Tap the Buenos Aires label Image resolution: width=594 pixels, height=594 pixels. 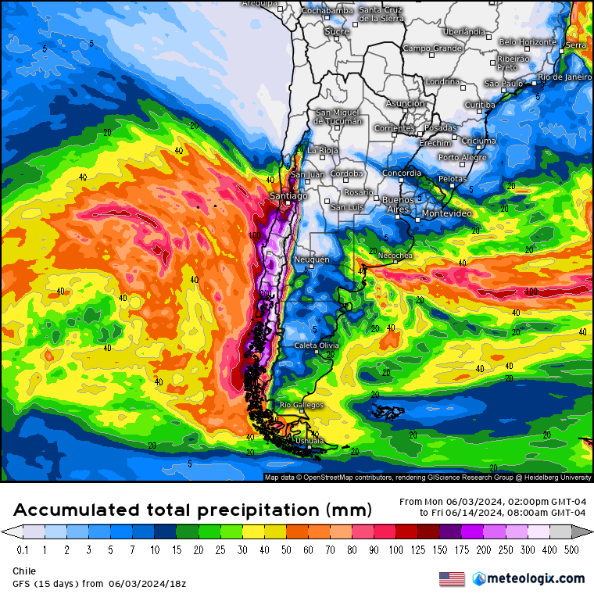tap(397, 205)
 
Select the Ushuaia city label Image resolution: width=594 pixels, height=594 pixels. tap(310, 442)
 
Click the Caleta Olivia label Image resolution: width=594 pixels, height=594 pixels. tap(317, 345)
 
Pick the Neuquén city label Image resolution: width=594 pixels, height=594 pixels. tap(312, 259)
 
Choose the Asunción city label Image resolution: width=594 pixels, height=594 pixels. tap(406, 103)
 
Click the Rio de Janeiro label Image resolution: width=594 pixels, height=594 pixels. tap(565, 77)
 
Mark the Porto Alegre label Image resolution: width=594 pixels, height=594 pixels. tap(462, 158)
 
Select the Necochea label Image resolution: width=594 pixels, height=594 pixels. tap(395, 256)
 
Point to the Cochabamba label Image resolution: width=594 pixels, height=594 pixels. tap(327, 10)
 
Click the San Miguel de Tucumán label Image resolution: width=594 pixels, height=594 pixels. tap(338, 116)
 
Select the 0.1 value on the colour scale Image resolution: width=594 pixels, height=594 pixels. tap(22, 550)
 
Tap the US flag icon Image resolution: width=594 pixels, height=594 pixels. tap(452, 579)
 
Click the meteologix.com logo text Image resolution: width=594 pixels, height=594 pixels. tap(535, 579)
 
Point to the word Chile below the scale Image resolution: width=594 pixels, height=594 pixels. tap(24, 571)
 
